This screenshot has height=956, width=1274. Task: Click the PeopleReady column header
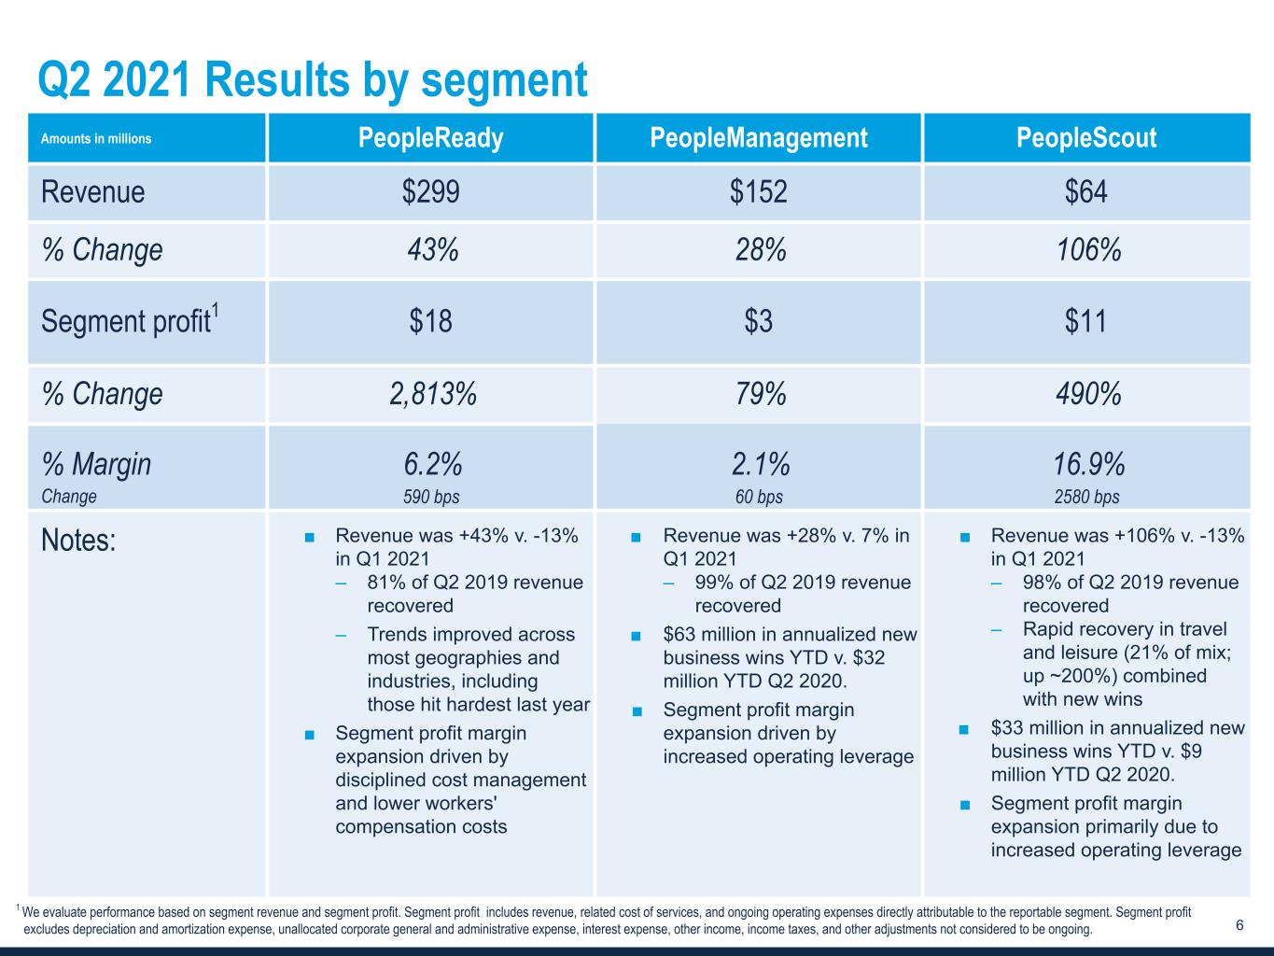click(x=430, y=138)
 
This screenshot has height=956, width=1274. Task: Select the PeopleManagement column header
click(x=758, y=138)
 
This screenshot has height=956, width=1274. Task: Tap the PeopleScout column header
click(x=1085, y=138)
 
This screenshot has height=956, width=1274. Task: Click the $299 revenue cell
click(x=430, y=192)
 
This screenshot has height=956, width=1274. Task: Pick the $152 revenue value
click(x=758, y=192)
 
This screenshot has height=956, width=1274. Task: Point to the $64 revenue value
click(x=1085, y=192)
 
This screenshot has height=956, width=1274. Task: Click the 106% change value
click(x=1085, y=250)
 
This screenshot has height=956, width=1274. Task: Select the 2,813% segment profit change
click(x=432, y=394)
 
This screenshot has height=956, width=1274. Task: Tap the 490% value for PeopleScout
click(x=1086, y=394)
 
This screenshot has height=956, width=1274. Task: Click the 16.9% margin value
click(x=1086, y=464)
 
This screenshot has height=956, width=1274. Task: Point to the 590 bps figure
click(x=430, y=497)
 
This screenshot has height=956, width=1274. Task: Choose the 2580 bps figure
click(x=1086, y=497)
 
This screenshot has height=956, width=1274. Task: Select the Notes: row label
click(x=78, y=541)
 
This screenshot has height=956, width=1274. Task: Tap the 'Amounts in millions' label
click(x=95, y=139)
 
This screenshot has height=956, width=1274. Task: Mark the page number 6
click(x=1239, y=925)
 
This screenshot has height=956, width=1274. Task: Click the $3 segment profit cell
click(x=758, y=321)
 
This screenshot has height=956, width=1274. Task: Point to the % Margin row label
click(x=96, y=464)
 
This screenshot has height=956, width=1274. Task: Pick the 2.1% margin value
click(x=758, y=464)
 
